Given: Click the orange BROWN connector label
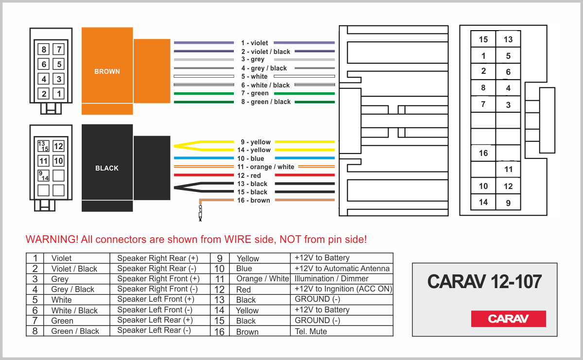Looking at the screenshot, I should pos(107,71).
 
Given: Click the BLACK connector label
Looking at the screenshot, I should pos(107,168).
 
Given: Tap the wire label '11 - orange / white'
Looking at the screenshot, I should pos(265,167).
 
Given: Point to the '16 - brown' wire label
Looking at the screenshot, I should pos(253,200).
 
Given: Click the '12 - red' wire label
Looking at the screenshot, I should pos(249,175).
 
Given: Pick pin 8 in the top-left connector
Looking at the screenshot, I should pos(44,50).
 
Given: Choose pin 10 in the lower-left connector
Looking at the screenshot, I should pos(58,161).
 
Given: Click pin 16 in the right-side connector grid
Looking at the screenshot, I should pos(483,153).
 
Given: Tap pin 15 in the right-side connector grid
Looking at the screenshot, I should pos(483,39).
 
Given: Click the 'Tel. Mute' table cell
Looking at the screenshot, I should pos(311,331).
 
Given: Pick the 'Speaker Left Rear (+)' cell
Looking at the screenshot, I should pos(155,320).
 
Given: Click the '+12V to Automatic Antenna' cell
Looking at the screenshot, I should pos(342,268).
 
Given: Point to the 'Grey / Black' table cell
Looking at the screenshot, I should pos(73,290).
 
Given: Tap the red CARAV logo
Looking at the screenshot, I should pos(508,319).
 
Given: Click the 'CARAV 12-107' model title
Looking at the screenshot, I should pos(484,281).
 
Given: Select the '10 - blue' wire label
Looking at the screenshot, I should pos(250,158).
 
